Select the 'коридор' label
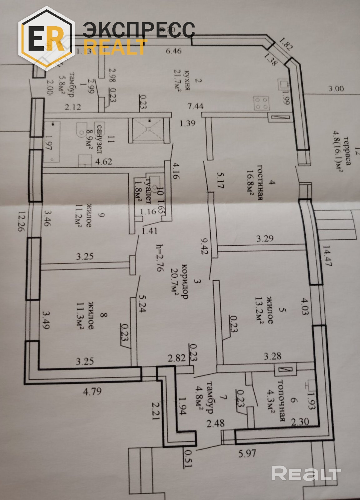[185, 281]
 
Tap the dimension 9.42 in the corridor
[204, 245]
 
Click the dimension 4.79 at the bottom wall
[92, 391]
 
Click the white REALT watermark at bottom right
[305, 473]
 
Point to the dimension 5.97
[247, 453]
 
